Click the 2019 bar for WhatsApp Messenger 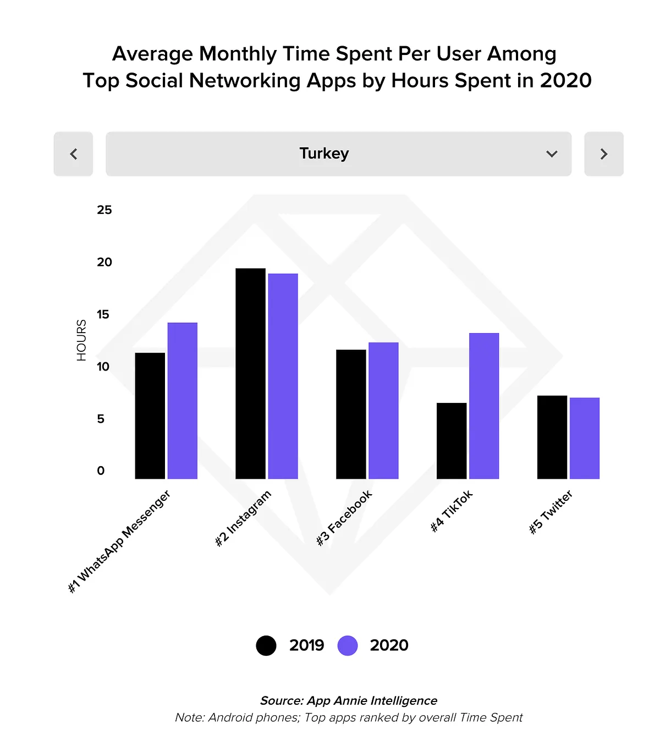click(150, 416)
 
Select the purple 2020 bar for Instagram click(283, 377)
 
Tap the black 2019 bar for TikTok click(452, 441)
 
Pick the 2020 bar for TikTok click(484, 406)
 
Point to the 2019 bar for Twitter click(552, 437)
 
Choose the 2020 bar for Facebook click(383, 411)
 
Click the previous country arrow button click(73, 154)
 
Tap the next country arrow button click(603, 154)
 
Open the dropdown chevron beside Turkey click(551, 154)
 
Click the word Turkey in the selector click(324, 153)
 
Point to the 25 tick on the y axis click(105, 210)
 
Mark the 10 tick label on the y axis click(103, 367)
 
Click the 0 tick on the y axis click(101, 471)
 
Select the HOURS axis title click(81, 340)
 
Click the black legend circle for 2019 click(266, 645)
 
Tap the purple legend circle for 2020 click(348, 645)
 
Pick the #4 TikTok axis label click(452, 511)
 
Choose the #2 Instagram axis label click(243, 518)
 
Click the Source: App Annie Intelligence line click(349, 700)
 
